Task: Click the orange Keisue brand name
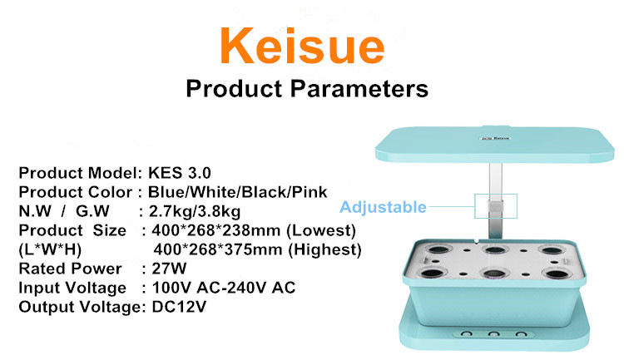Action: [x=302, y=46]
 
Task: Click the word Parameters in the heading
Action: [x=359, y=89]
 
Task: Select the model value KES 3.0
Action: [x=180, y=173]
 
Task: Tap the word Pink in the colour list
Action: [x=310, y=192]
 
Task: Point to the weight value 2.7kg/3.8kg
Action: [x=195, y=212]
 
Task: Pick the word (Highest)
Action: [x=324, y=249]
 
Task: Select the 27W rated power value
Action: [x=169, y=269]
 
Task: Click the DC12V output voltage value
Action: [x=179, y=307]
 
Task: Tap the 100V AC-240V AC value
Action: [x=224, y=288]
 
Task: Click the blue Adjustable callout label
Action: [x=383, y=207]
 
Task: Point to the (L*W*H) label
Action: [x=50, y=249]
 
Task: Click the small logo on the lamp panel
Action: [x=495, y=138]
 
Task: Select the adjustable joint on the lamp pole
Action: [x=496, y=206]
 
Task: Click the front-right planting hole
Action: [x=557, y=274]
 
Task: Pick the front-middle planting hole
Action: [x=494, y=274]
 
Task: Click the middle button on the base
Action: [x=493, y=334]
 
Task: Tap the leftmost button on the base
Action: [x=467, y=334]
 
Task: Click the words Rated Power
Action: [x=70, y=269]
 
